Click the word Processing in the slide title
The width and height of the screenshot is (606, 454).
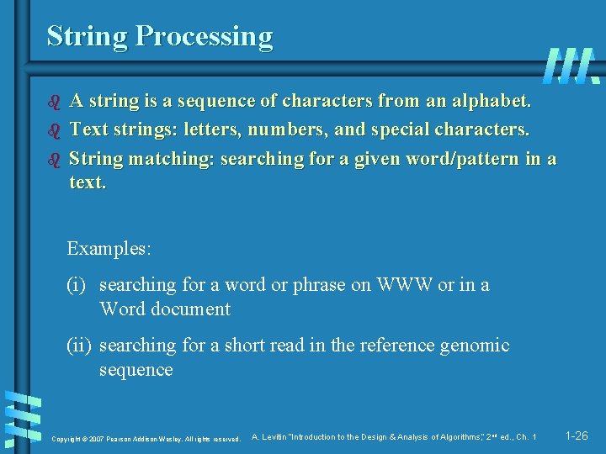click(205, 37)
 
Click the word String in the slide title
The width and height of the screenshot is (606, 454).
click(88, 37)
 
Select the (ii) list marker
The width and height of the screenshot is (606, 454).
click(81, 346)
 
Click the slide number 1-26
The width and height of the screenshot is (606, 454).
click(577, 436)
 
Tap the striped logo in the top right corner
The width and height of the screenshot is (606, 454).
click(571, 66)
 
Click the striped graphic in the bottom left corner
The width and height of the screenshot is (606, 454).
click(23, 419)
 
